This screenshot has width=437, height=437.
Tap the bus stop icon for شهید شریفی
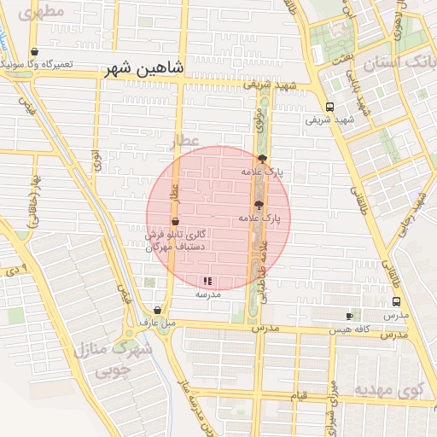pyautogui.click(x=329, y=107)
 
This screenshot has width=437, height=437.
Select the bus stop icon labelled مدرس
pyautogui.click(x=396, y=301)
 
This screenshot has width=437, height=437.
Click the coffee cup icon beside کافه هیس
pyautogui.click(x=349, y=316)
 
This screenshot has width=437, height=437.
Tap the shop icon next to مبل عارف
pyautogui.click(x=157, y=311)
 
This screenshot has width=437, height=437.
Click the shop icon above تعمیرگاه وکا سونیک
pyautogui.click(x=33, y=51)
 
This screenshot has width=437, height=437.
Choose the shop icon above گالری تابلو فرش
pyautogui.click(x=176, y=221)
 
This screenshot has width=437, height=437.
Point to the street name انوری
pyautogui.click(x=96, y=158)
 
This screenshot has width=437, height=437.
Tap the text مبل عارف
pyautogui.click(x=157, y=323)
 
